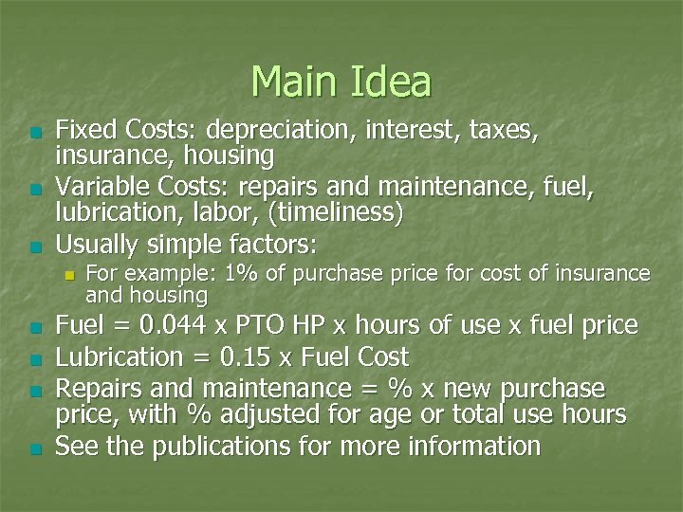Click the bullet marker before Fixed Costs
35,132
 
